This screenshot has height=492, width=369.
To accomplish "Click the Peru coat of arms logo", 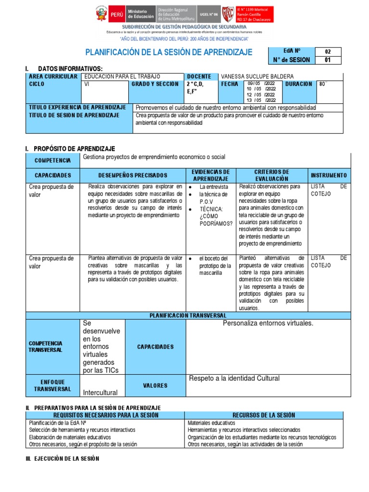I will pos(102,14).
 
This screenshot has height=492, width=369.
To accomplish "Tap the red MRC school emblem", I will pos(228,13).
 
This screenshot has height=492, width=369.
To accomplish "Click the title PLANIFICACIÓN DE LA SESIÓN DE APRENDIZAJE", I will pos(168,52).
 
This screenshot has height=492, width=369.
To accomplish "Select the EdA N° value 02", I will pos(328,51).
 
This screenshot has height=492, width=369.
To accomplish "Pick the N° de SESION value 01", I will pos(328,60).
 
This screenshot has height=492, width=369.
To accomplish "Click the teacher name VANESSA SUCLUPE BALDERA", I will pos(257,76).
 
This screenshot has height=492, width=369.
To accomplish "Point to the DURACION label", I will pos(298,84).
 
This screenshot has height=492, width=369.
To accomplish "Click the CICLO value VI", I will pos(87,84).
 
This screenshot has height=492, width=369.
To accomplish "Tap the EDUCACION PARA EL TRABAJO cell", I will pos(122,76).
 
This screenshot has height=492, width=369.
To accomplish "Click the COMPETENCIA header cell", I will pos(52,160).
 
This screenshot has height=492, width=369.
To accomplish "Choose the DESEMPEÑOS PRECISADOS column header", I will pos(133,175).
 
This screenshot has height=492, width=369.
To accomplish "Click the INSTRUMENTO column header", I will pos(329,175).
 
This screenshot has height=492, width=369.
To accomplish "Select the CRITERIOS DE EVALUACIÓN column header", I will pos(271,175).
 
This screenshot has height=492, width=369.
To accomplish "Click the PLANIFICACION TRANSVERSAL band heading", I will pos(188,315).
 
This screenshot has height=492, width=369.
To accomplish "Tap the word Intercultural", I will pos(100,393).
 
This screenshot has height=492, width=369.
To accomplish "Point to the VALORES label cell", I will pos(155,385).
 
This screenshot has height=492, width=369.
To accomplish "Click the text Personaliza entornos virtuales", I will pos(268,323).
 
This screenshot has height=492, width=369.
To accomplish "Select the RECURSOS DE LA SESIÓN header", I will pos(264,415).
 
